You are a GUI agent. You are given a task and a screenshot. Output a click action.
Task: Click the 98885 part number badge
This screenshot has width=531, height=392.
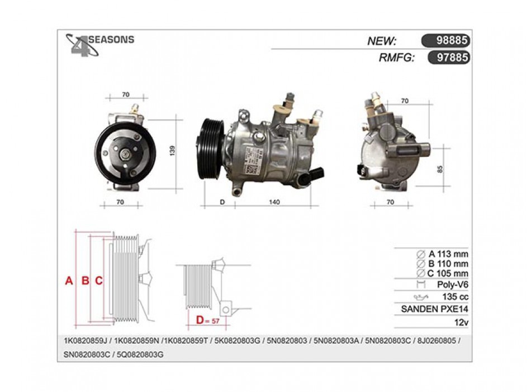point(445,41)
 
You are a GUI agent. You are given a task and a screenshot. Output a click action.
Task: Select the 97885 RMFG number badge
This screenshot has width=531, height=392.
point(448,57)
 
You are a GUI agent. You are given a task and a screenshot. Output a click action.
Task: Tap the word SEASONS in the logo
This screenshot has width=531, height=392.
point(112,40)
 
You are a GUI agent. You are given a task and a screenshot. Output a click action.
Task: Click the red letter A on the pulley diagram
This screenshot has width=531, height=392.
point(69,281)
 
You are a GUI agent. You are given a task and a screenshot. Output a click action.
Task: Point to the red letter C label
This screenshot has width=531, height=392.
point(98,281)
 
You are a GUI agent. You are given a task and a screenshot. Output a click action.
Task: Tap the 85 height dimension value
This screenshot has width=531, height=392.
point(440,168)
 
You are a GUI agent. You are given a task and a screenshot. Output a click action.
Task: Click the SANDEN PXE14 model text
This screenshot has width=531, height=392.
point(434,309)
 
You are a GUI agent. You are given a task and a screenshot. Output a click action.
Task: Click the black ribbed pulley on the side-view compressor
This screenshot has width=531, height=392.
point(212,148)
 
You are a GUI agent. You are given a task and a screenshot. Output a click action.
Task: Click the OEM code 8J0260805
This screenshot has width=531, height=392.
point(438,341)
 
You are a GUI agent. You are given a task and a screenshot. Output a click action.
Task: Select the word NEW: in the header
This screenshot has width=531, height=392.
point(382,41)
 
